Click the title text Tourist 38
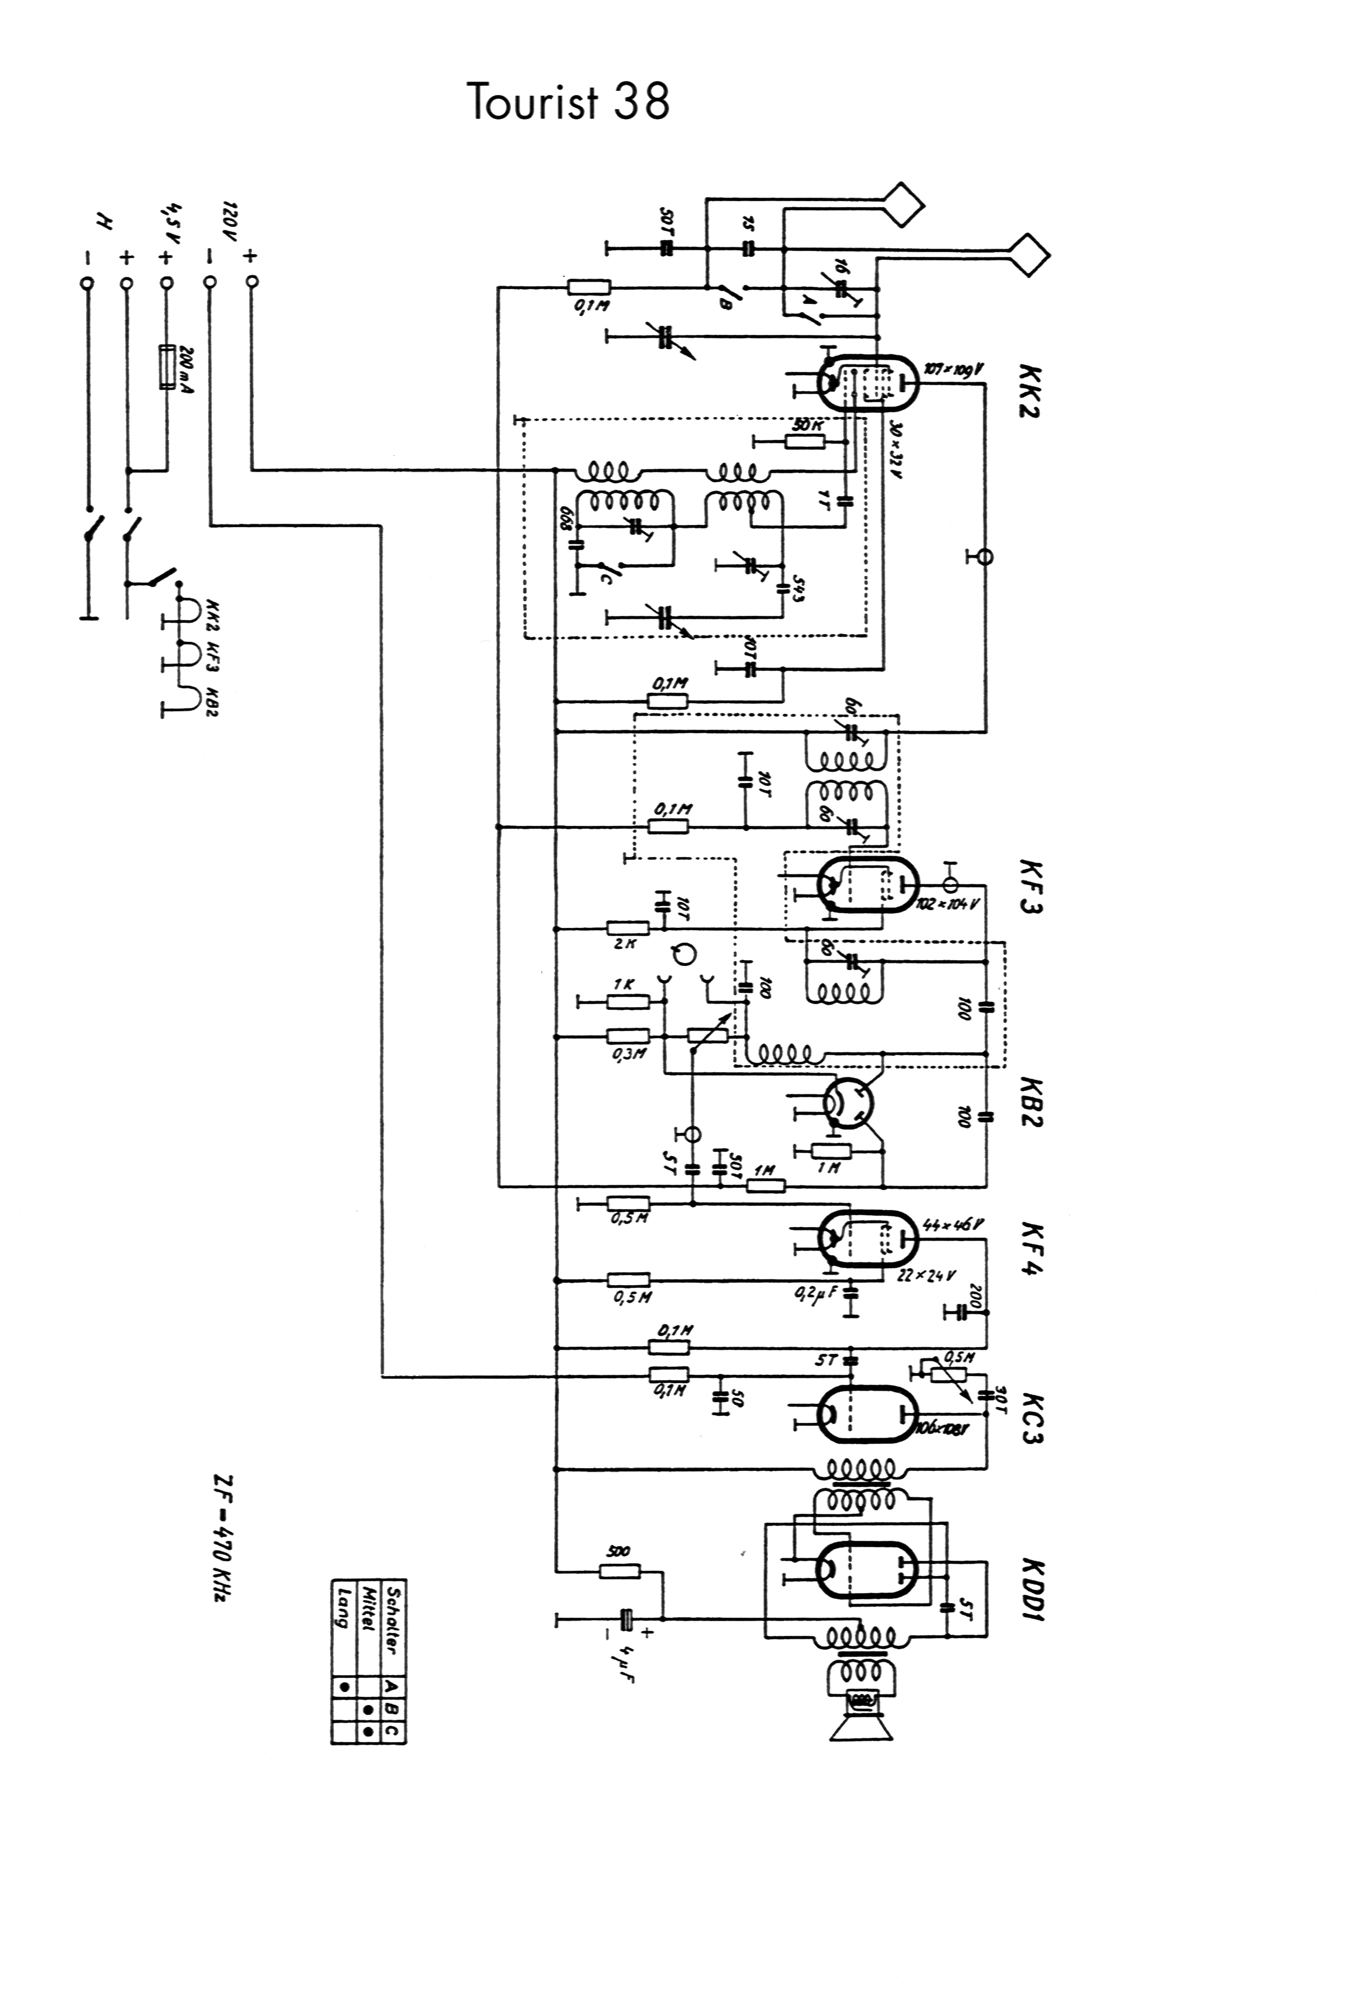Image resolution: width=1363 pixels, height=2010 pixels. click(568, 102)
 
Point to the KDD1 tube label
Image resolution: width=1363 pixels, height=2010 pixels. click(1032, 1591)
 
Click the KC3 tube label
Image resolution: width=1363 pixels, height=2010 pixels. click(1032, 1418)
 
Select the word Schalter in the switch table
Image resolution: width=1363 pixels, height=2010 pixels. click(394, 1622)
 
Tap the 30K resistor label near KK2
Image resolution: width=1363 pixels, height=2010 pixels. click(807, 426)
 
